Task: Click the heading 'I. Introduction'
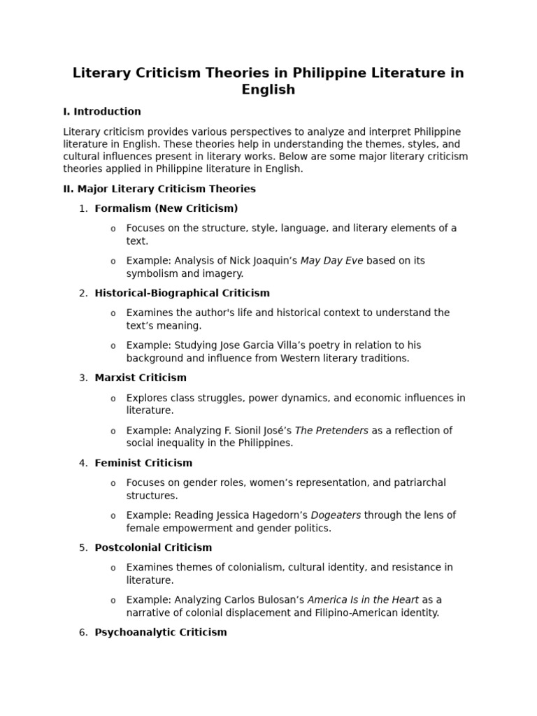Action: (102, 111)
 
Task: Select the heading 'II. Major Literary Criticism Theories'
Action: (159, 189)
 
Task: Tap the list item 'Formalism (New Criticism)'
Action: (166, 208)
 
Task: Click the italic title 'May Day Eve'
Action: (331, 261)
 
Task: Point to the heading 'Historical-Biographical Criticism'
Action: (182, 293)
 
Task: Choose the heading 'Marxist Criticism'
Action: (141, 378)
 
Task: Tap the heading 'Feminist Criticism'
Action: (143, 463)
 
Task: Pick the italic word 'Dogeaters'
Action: (336, 515)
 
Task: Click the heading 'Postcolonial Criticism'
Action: (153, 547)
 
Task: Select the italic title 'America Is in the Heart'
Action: (363, 600)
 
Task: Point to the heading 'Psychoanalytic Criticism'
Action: (161, 632)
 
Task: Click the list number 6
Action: (83, 632)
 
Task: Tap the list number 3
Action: (83, 378)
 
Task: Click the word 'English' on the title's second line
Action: (268, 89)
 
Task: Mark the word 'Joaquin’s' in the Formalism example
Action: (274, 261)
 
